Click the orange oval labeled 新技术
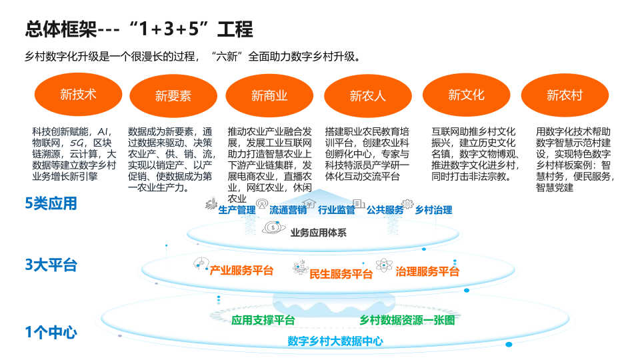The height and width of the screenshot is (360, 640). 79,95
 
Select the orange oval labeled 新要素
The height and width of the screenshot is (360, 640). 173,96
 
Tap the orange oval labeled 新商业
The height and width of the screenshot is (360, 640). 269,96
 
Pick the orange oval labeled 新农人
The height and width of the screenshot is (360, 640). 368,96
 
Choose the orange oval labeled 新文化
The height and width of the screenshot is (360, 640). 466,95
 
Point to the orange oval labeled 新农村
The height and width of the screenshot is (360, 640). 565,95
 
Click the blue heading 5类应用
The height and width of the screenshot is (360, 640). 51,203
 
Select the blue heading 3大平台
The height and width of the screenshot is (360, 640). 51,265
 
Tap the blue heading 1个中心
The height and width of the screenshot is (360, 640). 51,332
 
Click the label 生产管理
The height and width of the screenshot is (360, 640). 237,210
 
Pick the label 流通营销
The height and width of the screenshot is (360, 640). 288,210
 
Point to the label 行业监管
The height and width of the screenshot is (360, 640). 336,210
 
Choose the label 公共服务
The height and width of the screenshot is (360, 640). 385,210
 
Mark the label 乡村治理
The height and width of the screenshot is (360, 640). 433,210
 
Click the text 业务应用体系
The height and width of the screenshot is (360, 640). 319,233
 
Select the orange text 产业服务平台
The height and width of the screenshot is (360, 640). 241,270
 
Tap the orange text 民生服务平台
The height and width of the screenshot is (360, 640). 341,274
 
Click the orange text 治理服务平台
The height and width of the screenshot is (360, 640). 427,271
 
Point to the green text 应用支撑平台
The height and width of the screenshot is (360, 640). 263,321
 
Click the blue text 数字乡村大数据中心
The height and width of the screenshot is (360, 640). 335,341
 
